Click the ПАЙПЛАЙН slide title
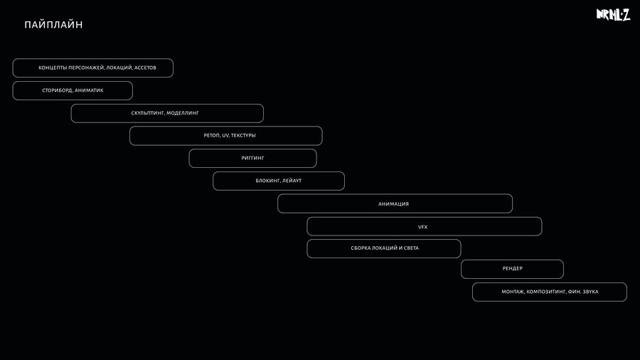coord(53,25)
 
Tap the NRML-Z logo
coord(613,15)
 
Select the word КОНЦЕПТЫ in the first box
coord(52,68)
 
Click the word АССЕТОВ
coord(145,68)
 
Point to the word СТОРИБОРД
coord(57,90)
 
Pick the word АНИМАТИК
coord(89,90)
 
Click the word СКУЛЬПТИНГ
coord(148,113)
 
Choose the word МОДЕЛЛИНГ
coord(183,113)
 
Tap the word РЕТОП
coord(212,135)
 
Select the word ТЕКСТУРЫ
coord(243,135)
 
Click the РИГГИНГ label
coord(252,158)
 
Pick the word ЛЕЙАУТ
coord(292,181)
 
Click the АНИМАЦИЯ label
coord(393,204)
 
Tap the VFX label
coord(423,227)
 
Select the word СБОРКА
coord(360,248)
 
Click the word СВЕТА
coord(411,248)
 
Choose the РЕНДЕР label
coord(512,268)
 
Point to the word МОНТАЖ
coord(513,292)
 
